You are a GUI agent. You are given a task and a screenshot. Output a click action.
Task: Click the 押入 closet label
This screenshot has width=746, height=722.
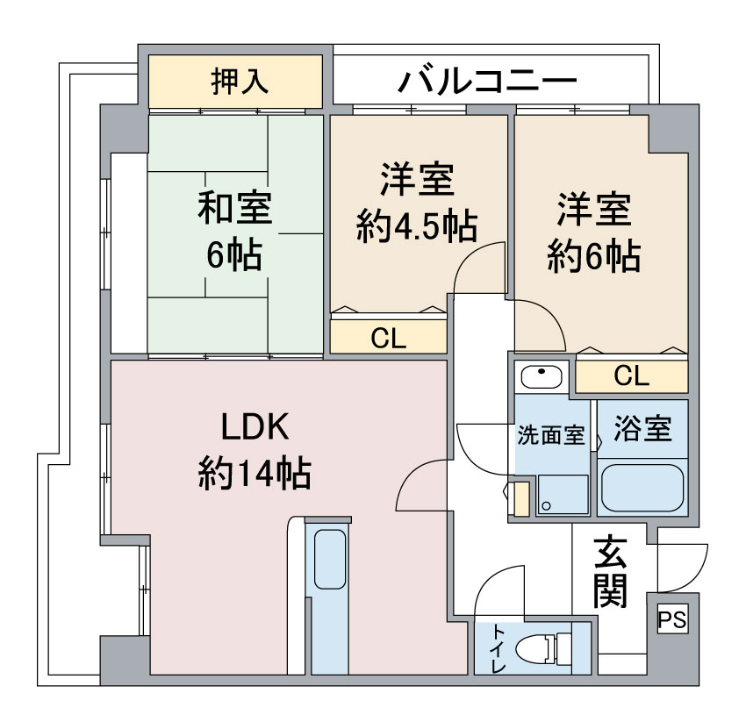point(239,82)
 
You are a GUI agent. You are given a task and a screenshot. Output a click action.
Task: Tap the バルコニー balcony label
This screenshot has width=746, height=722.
point(488,82)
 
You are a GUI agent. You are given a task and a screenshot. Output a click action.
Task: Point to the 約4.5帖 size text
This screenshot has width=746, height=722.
point(417,226)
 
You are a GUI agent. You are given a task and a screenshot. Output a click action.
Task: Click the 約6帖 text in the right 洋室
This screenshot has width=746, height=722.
point(593,256)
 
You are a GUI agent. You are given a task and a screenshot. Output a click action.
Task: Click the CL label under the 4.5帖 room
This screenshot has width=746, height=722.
point(389,339)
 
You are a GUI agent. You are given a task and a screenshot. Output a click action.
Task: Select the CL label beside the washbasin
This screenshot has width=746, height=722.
point(631,377)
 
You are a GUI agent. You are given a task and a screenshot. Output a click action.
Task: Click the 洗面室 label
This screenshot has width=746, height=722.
point(550,436)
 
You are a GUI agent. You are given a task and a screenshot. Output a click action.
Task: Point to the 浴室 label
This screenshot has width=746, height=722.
point(643,430)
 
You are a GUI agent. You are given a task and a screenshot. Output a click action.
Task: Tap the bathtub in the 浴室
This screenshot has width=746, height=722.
point(642,490)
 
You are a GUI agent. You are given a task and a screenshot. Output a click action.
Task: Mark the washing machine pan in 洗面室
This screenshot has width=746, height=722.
point(562,494)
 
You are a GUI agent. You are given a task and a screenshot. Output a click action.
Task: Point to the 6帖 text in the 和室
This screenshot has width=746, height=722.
point(233,254)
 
